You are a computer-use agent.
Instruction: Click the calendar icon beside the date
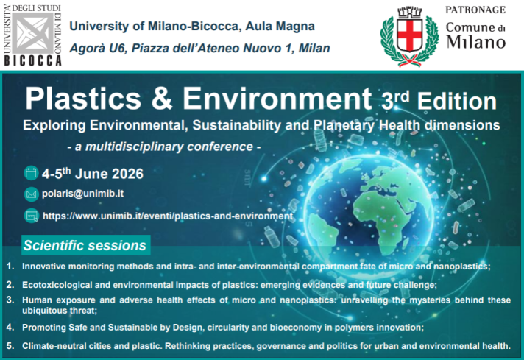(31, 174)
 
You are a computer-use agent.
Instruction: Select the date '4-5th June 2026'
(92, 174)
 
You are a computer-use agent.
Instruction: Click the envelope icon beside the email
(31, 195)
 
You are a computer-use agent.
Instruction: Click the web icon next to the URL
(31, 216)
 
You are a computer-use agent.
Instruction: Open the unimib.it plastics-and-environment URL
(168, 216)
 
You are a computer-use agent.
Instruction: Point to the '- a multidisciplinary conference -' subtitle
(163, 147)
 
